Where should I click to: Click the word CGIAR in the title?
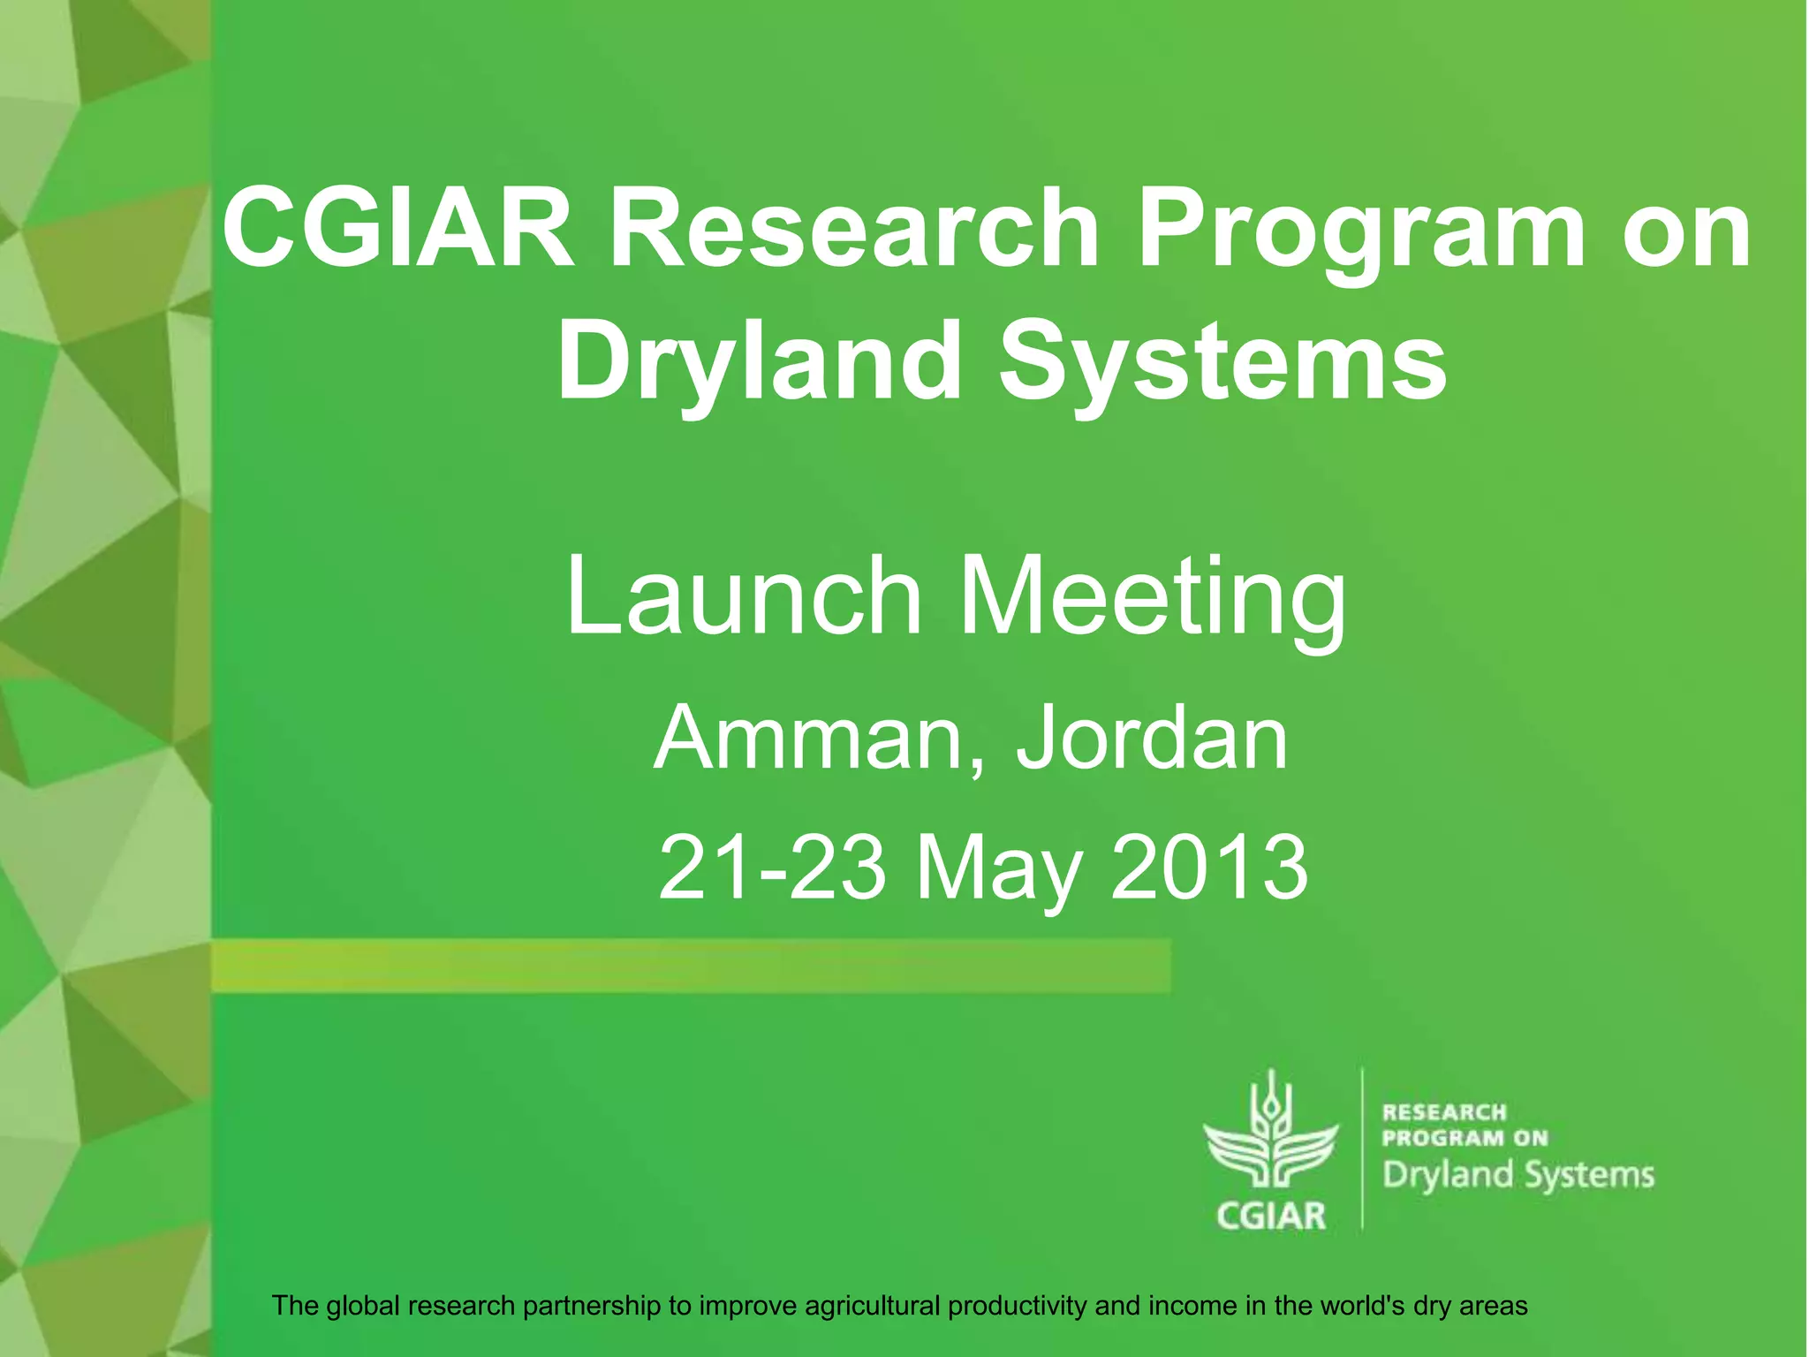click(x=398, y=229)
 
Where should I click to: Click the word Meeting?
click(x=1154, y=599)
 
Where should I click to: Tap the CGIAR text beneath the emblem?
click(x=1271, y=1216)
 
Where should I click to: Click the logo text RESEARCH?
click(x=1444, y=1112)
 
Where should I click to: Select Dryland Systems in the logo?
click(x=1518, y=1175)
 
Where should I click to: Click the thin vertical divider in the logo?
click(x=1362, y=1148)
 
